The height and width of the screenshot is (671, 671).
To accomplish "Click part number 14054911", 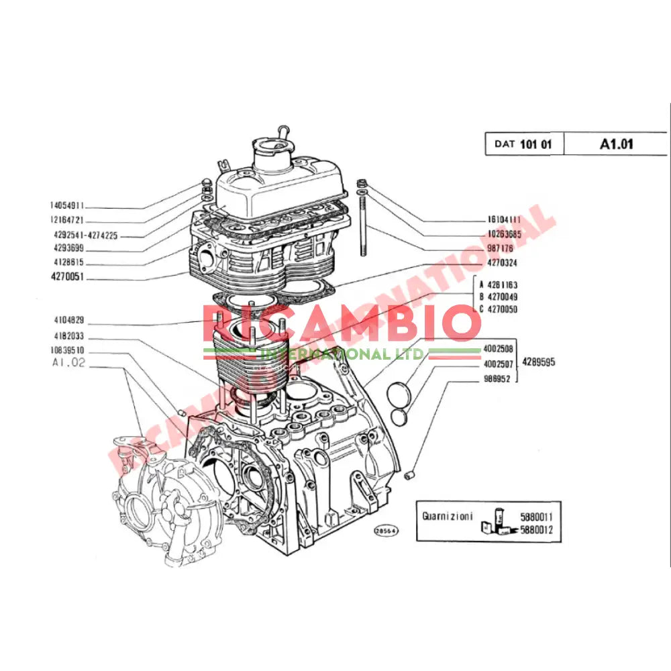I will [x=66, y=206].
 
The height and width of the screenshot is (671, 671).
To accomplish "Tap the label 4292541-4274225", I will [x=85, y=235].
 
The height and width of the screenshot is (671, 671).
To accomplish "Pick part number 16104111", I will [x=504, y=219].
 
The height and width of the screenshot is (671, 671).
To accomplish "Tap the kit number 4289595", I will [x=539, y=362].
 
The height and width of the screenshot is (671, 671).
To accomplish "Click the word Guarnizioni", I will [x=447, y=517].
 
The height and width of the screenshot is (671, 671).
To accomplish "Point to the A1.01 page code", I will [x=616, y=144].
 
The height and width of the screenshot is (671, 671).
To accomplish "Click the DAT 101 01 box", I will [x=524, y=144].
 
